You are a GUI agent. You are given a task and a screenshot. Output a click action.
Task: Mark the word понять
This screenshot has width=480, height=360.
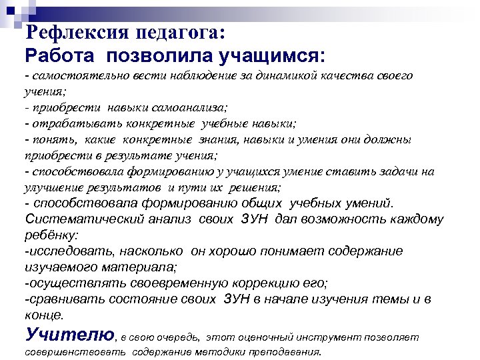tap(46, 139)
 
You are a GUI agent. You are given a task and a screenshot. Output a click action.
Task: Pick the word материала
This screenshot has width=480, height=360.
tap(146, 267)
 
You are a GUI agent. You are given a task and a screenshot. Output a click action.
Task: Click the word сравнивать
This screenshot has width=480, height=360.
tap(63, 299)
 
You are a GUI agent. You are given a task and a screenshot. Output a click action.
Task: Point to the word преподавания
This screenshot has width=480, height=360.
tap(287, 351)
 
